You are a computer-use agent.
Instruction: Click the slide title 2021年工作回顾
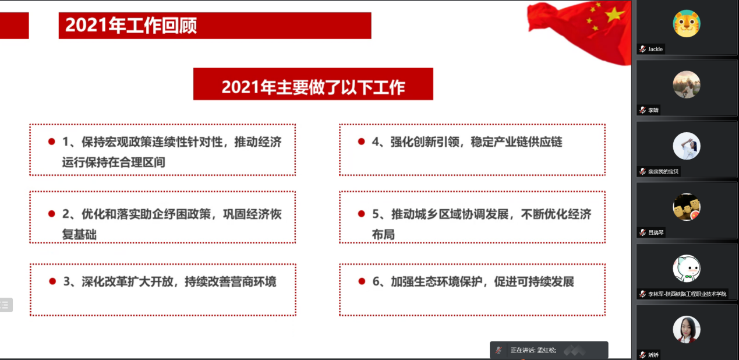131,26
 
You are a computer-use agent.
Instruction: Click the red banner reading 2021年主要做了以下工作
313,84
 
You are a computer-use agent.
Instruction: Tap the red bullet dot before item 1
51,142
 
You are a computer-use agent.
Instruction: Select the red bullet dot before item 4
361,142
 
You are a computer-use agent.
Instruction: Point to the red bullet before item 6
362,281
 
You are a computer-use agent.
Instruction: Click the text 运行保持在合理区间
114,163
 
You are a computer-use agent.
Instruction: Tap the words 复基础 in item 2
79,235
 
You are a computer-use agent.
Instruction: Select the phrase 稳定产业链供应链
517,142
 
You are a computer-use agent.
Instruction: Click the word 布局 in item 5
383,235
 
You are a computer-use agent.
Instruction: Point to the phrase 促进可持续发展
534,281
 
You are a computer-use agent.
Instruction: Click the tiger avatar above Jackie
687,23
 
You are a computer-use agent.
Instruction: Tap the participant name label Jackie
655,49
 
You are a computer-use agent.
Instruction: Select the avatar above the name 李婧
687,84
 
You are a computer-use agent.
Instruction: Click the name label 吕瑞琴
656,232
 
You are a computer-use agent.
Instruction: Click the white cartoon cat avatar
687,269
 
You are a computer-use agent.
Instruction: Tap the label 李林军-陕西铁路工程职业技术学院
687,294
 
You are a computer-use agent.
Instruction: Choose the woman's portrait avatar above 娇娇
687,329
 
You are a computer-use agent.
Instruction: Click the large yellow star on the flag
614,13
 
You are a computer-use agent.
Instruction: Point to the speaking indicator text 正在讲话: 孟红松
533,350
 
